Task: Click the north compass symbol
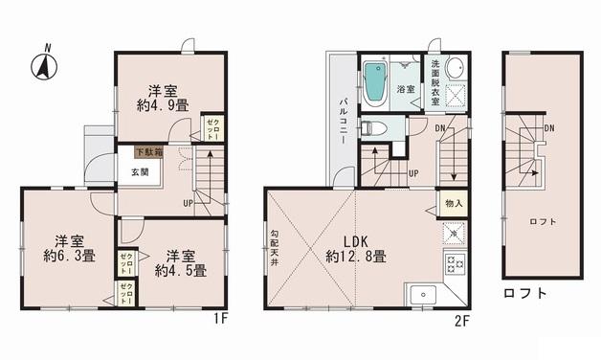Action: click(x=43, y=65)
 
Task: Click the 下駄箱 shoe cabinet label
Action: click(x=147, y=151)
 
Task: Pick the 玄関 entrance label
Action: click(x=141, y=173)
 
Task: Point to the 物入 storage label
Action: click(x=454, y=204)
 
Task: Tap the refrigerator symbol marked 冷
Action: click(x=453, y=233)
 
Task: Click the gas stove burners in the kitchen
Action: click(x=454, y=264)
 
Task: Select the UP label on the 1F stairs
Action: click(x=189, y=203)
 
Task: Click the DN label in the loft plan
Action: click(x=549, y=128)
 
